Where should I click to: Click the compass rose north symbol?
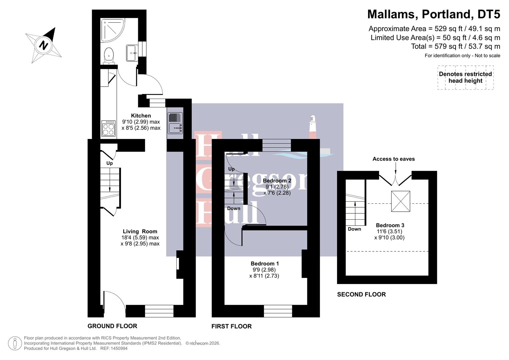click(43, 45)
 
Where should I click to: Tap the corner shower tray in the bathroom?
click(112, 30)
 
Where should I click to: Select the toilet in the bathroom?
click(109, 56)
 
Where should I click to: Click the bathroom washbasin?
click(131, 53)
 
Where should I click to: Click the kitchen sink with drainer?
click(175, 123)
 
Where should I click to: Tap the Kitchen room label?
click(141, 116)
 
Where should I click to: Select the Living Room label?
click(140, 231)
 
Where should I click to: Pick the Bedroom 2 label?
click(277, 181)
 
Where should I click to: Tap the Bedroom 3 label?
click(390, 225)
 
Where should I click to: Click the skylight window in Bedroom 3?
click(400, 201)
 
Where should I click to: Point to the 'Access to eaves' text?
click(393, 159)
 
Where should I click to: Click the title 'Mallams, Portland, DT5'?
click(433, 14)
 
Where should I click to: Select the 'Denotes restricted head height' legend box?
click(465, 77)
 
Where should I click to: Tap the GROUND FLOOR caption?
click(112, 326)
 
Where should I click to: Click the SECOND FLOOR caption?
click(361, 294)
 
